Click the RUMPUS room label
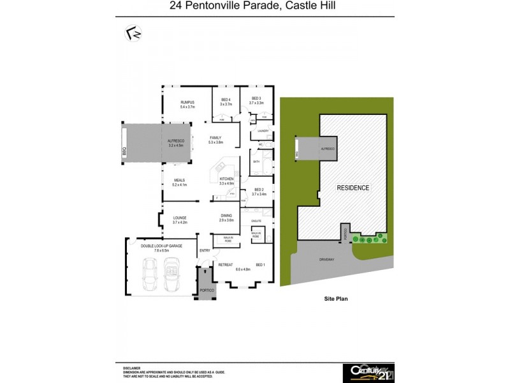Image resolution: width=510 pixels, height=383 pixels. pos(187,102)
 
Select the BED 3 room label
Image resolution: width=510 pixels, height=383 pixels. pos(256,99)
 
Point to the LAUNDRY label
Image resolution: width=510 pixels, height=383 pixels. pos(263,131)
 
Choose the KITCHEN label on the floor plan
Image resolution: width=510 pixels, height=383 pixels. pos(227,179)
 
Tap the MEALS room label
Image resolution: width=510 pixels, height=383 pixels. pos(179,181)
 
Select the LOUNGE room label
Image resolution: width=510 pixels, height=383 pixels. pos(180,218)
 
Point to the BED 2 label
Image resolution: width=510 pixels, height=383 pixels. pos(258,190)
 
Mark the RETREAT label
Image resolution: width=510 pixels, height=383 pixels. pos(226,264)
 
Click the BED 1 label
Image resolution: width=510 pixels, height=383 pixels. pos(260,264)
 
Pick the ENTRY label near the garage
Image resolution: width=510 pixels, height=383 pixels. pos(205,250)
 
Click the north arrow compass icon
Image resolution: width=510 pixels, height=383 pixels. pos(133,33)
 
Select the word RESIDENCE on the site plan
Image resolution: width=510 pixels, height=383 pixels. pos(353,188)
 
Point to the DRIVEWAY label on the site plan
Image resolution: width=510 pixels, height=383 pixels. pos(327,260)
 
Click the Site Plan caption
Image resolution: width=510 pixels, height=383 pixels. pos(331,298)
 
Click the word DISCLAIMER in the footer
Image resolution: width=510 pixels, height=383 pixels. pos(131,368)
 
